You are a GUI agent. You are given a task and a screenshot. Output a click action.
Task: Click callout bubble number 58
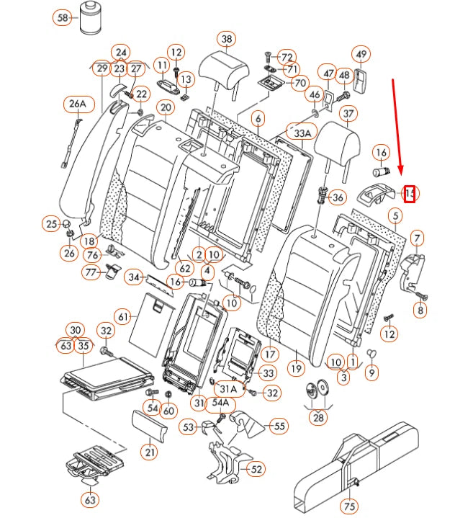(x=63, y=17)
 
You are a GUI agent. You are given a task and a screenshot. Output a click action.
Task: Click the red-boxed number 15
(x=409, y=193)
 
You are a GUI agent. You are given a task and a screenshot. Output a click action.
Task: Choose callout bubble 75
(x=348, y=507)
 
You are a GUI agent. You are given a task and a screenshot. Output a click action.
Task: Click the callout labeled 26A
(x=77, y=104)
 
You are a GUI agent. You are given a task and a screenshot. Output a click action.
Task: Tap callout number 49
(x=361, y=54)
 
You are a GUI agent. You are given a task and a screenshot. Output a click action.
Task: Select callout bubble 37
(x=348, y=114)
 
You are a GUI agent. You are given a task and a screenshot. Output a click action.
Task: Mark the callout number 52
(x=256, y=469)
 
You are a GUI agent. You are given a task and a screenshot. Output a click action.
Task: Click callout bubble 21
(x=149, y=452)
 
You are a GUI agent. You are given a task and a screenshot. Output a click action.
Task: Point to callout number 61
(x=123, y=316)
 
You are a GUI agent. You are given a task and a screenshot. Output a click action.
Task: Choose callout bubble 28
(x=317, y=416)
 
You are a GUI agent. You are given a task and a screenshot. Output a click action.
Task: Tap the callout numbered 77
(x=91, y=272)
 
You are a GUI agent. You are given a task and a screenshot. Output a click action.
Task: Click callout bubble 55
(x=278, y=427)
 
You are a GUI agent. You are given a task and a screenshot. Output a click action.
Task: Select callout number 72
(x=287, y=57)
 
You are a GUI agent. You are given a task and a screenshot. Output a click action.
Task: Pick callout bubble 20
(x=165, y=108)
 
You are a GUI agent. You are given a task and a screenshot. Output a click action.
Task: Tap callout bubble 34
(x=134, y=277)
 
